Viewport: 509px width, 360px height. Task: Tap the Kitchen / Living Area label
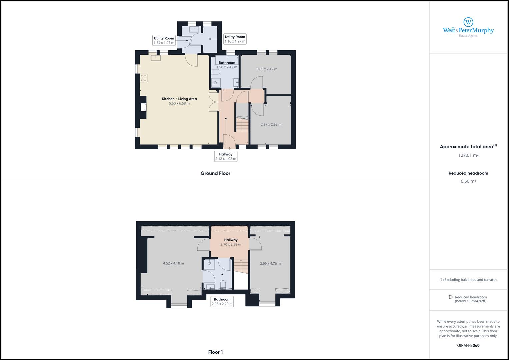tap(179, 99)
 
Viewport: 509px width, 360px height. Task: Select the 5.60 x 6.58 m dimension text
tap(179, 103)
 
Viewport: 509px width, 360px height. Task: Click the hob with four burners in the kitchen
tap(144, 78)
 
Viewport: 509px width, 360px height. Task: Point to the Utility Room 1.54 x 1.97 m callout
tap(164, 40)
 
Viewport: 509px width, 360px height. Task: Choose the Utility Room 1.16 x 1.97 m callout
tap(235, 39)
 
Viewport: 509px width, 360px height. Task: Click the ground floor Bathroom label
tap(227, 63)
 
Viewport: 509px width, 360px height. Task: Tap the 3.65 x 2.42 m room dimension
tap(267, 69)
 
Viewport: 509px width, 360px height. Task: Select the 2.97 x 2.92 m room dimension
tap(271, 124)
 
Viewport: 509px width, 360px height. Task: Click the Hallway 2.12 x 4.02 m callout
tap(226, 156)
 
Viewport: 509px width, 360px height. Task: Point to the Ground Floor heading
tap(215, 173)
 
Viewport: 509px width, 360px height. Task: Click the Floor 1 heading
tap(215, 352)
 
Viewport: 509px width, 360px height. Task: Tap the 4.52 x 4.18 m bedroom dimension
tap(173, 263)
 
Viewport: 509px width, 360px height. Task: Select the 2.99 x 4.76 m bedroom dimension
tap(270, 263)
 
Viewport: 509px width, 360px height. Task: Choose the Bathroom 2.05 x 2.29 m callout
tap(222, 302)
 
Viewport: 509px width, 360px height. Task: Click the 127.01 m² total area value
tap(468, 155)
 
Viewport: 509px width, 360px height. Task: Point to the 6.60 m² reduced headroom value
tap(468, 181)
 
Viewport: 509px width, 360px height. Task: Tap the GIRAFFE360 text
tap(468, 345)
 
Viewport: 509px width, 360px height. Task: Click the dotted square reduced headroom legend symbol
tap(451, 297)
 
